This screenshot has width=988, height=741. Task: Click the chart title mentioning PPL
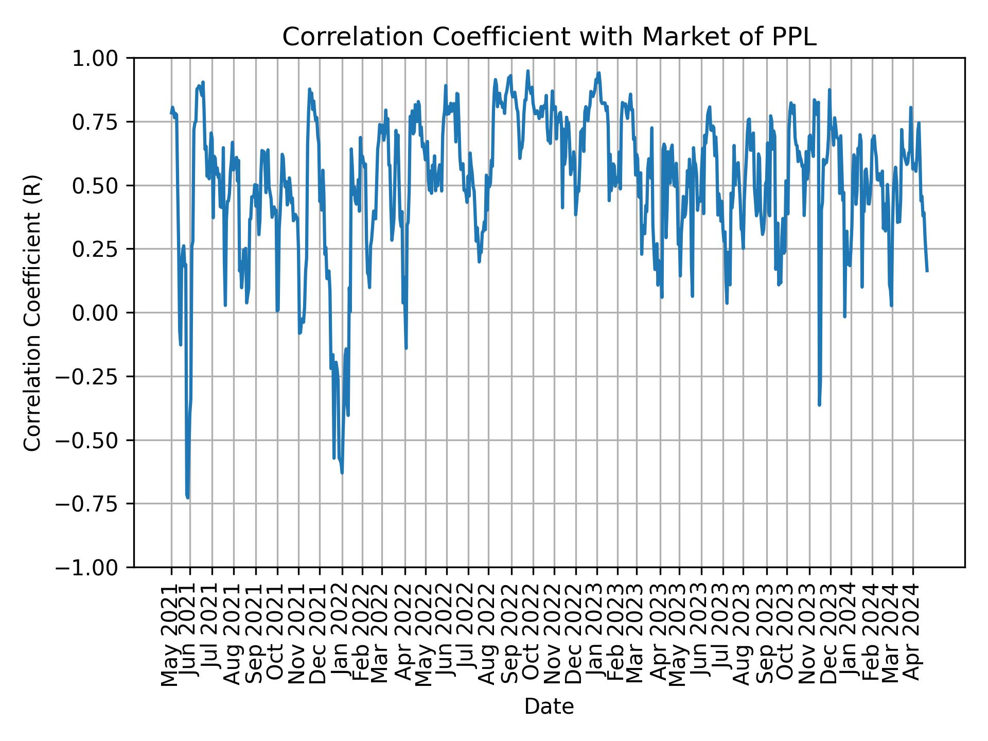tap(549, 37)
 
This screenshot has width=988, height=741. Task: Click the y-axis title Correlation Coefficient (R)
tap(32, 313)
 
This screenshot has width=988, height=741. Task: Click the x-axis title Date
tap(549, 707)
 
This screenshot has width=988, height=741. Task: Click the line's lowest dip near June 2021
tap(188, 498)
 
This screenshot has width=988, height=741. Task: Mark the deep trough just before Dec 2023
tap(819, 405)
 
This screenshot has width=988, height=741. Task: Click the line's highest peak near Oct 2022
tap(527, 71)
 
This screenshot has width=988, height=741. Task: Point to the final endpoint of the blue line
tap(927, 271)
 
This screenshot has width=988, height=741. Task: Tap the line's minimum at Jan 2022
tap(342, 472)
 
